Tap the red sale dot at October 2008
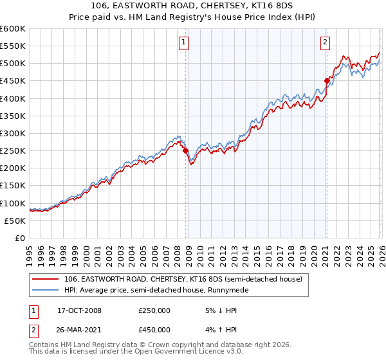[x=186, y=150]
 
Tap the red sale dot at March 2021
[x=326, y=80]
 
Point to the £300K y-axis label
[x=13, y=133]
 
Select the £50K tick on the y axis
[x=15, y=221]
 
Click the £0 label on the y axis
[x=19, y=238]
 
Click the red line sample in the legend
[x=46, y=278]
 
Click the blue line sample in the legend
[x=46, y=290]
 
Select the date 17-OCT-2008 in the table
[x=79, y=310]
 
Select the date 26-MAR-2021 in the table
[x=79, y=332]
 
